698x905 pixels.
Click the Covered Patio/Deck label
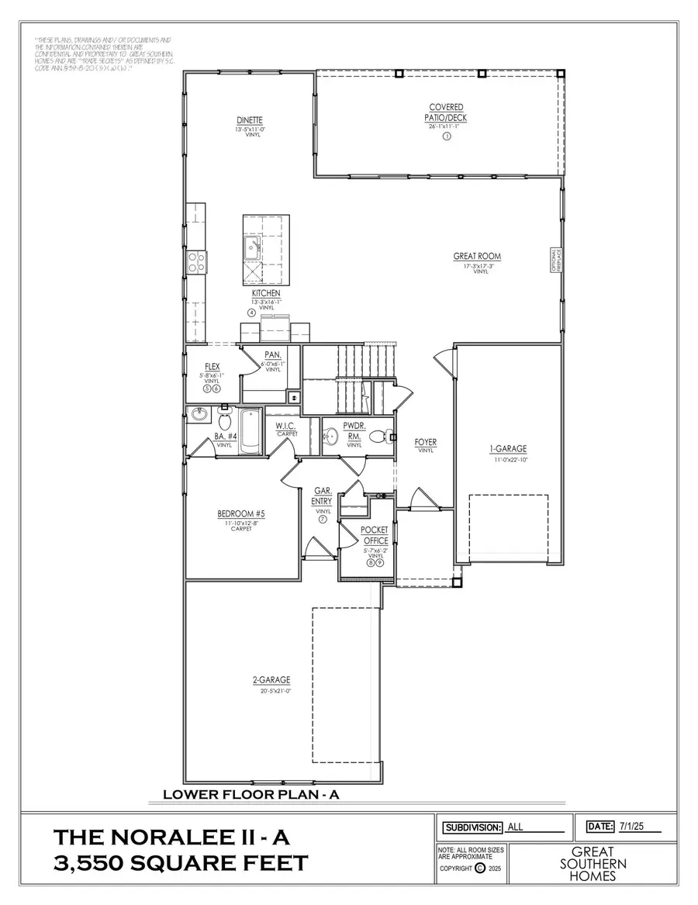click(x=447, y=112)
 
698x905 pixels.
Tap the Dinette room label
click(x=250, y=120)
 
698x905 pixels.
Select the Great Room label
click(x=477, y=256)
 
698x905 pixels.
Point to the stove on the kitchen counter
click(x=195, y=261)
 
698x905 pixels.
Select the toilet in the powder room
click(x=376, y=437)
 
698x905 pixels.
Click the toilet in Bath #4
click(x=226, y=422)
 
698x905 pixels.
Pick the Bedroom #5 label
click(x=241, y=513)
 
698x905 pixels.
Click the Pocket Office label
click(x=375, y=534)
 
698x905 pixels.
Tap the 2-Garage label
click(x=271, y=680)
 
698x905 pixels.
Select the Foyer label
click(x=426, y=443)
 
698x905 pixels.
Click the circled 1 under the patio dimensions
click(x=447, y=136)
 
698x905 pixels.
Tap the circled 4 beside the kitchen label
click(x=252, y=312)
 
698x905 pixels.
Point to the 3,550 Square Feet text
click(x=181, y=862)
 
